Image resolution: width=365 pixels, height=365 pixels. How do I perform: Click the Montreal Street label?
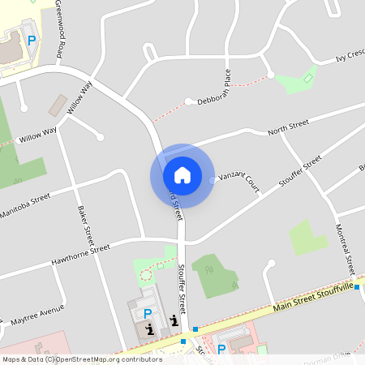344,248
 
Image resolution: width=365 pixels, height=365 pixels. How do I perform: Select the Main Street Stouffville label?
314,298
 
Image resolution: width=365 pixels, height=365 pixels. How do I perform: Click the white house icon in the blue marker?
182,174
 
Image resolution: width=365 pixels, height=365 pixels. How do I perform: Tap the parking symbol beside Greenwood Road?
32,40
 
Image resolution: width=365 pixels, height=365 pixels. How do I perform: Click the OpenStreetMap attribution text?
82,359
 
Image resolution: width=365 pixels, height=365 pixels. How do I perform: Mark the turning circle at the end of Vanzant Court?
213,180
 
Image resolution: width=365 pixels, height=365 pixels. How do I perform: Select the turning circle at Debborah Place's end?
188,101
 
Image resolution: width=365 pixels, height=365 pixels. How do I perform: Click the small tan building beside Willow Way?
58,105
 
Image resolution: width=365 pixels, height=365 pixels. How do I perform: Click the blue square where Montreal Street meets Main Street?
357,286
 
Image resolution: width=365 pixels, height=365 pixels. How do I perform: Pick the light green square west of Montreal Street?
307,237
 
